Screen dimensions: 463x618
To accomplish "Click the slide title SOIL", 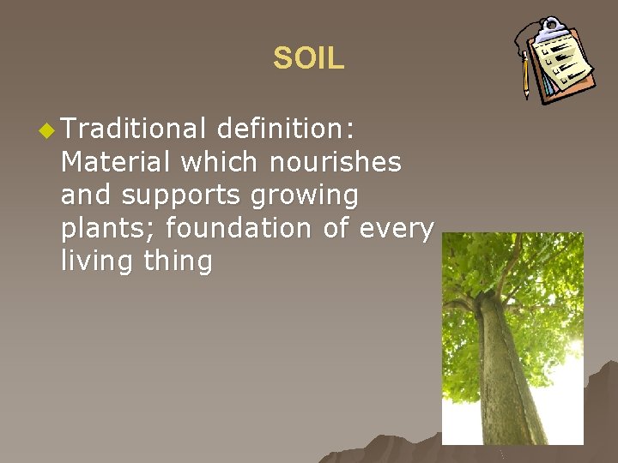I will [308, 58].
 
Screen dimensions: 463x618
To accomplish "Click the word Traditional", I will [133, 129].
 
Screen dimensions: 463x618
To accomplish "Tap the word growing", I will [305, 196].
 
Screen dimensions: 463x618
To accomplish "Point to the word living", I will [96, 262].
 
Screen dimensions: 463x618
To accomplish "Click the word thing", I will [178, 262].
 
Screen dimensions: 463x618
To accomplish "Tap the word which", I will [210, 162].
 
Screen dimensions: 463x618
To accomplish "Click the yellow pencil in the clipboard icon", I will [525, 75].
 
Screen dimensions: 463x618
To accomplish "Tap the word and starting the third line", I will [87, 195].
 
